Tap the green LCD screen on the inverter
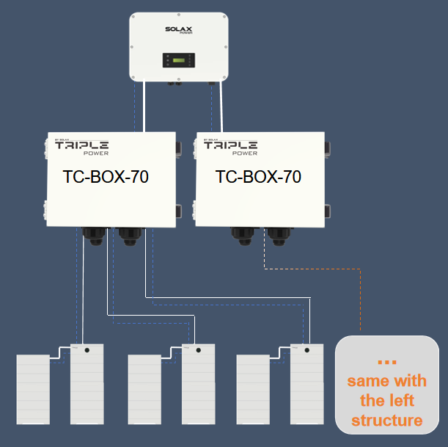point(175,59)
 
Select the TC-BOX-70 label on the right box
point(258,177)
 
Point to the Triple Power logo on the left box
point(82,147)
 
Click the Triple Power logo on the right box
point(230,147)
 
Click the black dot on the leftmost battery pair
point(87,351)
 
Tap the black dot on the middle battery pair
point(198,351)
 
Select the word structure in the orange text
point(386,421)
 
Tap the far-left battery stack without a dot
point(33,389)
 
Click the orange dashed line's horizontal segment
point(312,269)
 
